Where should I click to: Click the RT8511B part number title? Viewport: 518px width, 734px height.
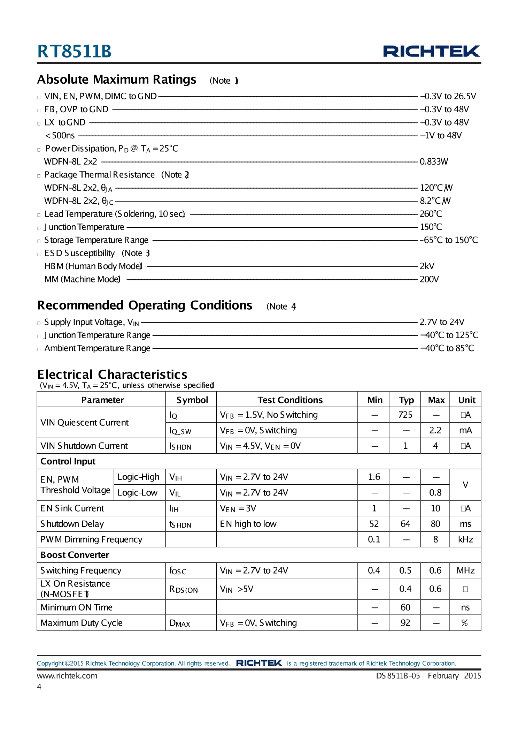(x=74, y=51)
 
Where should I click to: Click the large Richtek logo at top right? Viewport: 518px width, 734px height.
(x=431, y=51)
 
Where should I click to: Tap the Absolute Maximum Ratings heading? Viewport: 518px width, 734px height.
(x=117, y=80)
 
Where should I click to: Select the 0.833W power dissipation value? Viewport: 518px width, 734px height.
(x=434, y=161)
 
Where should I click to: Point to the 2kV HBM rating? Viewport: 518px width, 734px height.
(x=427, y=266)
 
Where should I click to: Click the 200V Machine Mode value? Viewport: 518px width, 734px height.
(x=429, y=279)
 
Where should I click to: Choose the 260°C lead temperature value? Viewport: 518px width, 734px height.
(x=431, y=214)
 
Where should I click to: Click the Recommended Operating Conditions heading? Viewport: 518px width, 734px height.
(x=145, y=305)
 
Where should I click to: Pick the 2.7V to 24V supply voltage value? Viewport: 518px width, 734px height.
(x=442, y=322)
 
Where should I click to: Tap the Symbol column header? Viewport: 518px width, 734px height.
(x=192, y=400)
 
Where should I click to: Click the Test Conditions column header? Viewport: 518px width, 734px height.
(x=290, y=400)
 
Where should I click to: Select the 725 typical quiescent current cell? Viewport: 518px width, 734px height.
(x=405, y=415)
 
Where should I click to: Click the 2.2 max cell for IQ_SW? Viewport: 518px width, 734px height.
(x=435, y=430)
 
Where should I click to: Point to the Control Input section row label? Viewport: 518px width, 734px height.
(x=68, y=461)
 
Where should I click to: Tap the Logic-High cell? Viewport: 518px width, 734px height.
(x=138, y=477)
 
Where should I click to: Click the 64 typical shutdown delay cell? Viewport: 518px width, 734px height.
(x=405, y=524)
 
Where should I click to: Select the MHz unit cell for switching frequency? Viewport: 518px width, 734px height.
(x=465, y=570)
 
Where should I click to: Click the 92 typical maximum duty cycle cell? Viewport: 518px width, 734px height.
(x=405, y=623)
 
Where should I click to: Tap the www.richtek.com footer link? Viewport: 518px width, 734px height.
(x=67, y=675)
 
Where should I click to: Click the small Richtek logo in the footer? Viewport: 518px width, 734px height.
(x=259, y=663)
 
